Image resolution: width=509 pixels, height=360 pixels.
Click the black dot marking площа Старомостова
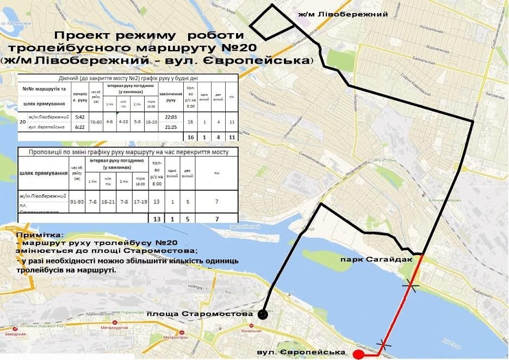click(x=263, y=314)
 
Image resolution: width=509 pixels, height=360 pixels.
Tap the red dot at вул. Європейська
click(x=358, y=355)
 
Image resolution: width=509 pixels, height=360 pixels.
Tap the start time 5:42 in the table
click(x=80, y=116)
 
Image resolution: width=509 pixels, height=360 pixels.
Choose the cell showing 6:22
click(x=80, y=127)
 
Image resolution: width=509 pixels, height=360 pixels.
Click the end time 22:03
click(x=170, y=116)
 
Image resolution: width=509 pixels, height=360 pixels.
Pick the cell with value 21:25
click(x=170, y=127)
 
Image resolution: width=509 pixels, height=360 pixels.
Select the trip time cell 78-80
click(x=96, y=122)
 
